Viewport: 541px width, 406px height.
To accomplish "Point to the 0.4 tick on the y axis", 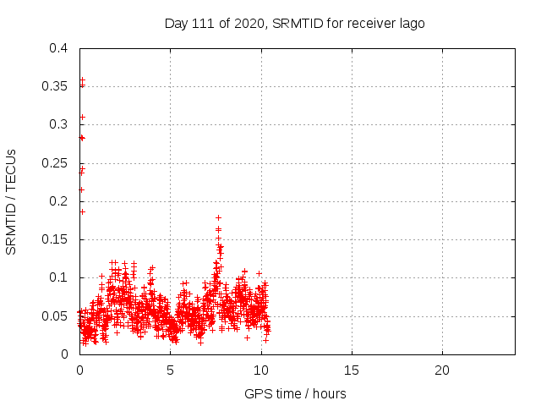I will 58,48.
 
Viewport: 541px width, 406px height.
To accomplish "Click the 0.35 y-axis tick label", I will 55,86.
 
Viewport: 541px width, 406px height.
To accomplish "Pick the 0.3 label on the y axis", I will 58,124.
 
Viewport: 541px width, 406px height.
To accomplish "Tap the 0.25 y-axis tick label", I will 55,162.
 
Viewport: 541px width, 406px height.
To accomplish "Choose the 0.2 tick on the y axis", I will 58,201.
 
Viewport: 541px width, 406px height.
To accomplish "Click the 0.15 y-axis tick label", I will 55,239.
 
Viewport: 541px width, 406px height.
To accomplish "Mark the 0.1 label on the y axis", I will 58,277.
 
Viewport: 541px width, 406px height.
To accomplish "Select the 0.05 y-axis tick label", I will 55,315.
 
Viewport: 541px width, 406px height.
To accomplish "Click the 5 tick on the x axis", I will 170,370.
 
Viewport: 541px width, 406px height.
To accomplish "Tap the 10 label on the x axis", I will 260,370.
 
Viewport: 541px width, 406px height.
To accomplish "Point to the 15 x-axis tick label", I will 351,370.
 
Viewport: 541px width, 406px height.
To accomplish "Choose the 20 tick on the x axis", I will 441,370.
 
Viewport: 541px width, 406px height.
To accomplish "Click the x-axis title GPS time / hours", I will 295,393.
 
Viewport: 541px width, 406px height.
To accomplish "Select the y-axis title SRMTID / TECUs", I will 12,201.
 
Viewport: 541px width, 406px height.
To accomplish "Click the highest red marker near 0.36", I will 82,80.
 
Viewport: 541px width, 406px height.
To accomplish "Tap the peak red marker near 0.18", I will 218,217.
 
